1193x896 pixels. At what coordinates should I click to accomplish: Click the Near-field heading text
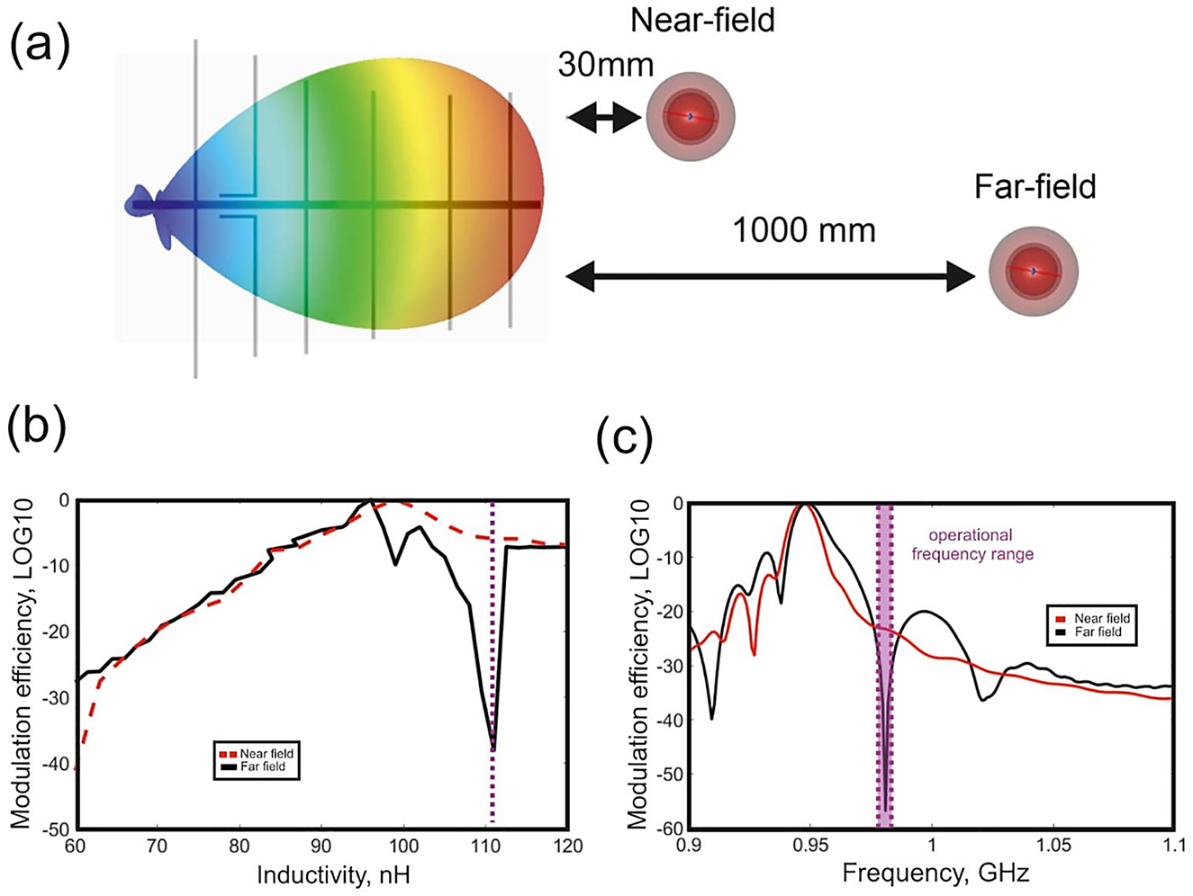pyautogui.click(x=702, y=20)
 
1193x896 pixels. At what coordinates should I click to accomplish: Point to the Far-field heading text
pyautogui.click(x=1035, y=186)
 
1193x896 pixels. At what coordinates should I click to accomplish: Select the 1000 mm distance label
pyautogui.click(x=803, y=230)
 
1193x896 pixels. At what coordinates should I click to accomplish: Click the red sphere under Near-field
pyautogui.click(x=691, y=116)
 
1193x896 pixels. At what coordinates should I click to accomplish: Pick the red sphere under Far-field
pyautogui.click(x=1034, y=270)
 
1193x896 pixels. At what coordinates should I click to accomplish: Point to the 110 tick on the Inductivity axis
pyautogui.click(x=485, y=847)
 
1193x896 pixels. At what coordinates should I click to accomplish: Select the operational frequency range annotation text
pyautogui.click(x=972, y=545)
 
